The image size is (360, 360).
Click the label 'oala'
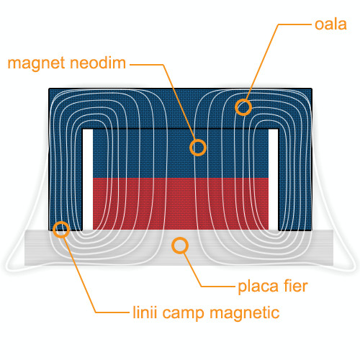click(330, 24)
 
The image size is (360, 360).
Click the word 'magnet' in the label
click(36, 63)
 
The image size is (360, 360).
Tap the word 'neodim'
click(98, 63)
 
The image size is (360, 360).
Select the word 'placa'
click(258, 287)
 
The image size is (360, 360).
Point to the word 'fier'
click(296, 286)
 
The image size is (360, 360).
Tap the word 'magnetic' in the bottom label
click(245, 313)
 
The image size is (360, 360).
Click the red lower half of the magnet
click(181, 204)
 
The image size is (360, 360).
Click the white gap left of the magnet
click(88, 179)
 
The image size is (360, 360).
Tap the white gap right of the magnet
click(273, 179)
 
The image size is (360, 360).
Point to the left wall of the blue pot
click(66, 179)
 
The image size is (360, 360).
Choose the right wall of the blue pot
click(295, 179)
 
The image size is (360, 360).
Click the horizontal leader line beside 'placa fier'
click(217, 287)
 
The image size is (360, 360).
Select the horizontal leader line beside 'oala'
click(294, 24)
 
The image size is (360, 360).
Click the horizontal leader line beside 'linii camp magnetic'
click(112, 312)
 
